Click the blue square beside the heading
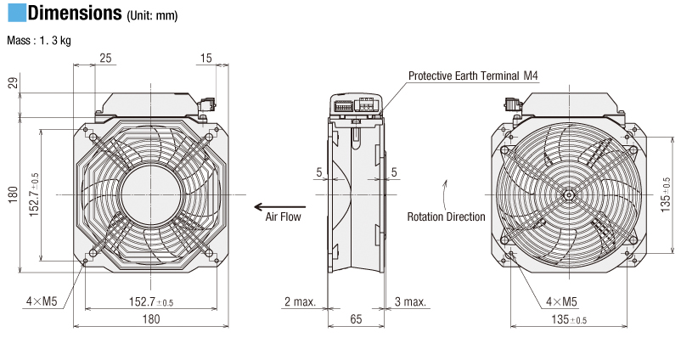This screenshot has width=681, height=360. pos(15,14)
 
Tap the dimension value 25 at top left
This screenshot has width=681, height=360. pos(105,58)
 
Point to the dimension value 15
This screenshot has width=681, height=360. pos(207,58)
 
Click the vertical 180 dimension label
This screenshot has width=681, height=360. pos(12,195)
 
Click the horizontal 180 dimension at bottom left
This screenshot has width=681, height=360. pos(150,319)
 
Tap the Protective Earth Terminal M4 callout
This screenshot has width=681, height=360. pos(473,76)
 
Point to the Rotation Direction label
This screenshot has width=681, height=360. pos(446,217)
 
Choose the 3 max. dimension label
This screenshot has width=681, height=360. pos(412,301)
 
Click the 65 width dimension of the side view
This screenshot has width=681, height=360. pos(357,319)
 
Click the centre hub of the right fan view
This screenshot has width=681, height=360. pos(566,196)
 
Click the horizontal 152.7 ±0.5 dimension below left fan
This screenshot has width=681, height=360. pos(149,301)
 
